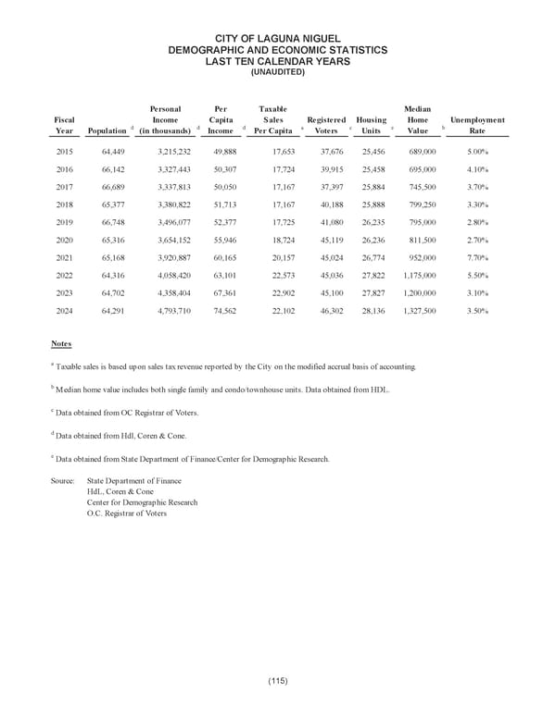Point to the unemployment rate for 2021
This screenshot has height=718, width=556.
[x=477, y=257]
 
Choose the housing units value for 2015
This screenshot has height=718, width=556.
[x=372, y=150]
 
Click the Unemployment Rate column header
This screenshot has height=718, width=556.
[x=477, y=125]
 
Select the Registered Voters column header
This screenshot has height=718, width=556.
[x=326, y=125]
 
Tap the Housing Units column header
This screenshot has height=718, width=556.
[x=372, y=125]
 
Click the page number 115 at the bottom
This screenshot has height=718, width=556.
[x=277, y=682]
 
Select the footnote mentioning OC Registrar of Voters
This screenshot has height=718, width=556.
[x=125, y=412]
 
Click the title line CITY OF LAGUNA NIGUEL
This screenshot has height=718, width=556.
[x=278, y=37]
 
